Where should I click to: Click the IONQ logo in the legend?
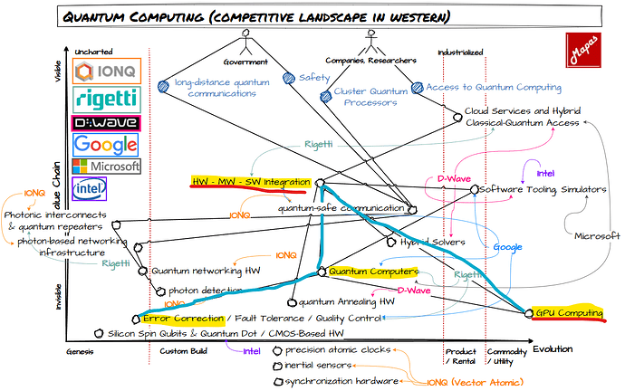click(106, 72)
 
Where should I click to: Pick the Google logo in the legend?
click(106, 143)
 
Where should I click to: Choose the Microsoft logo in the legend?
click(106, 167)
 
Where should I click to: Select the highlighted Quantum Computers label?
click(373, 272)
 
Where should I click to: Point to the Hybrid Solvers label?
click(433, 243)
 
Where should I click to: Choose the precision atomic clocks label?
click(337, 349)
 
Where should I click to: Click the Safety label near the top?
click(313, 79)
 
